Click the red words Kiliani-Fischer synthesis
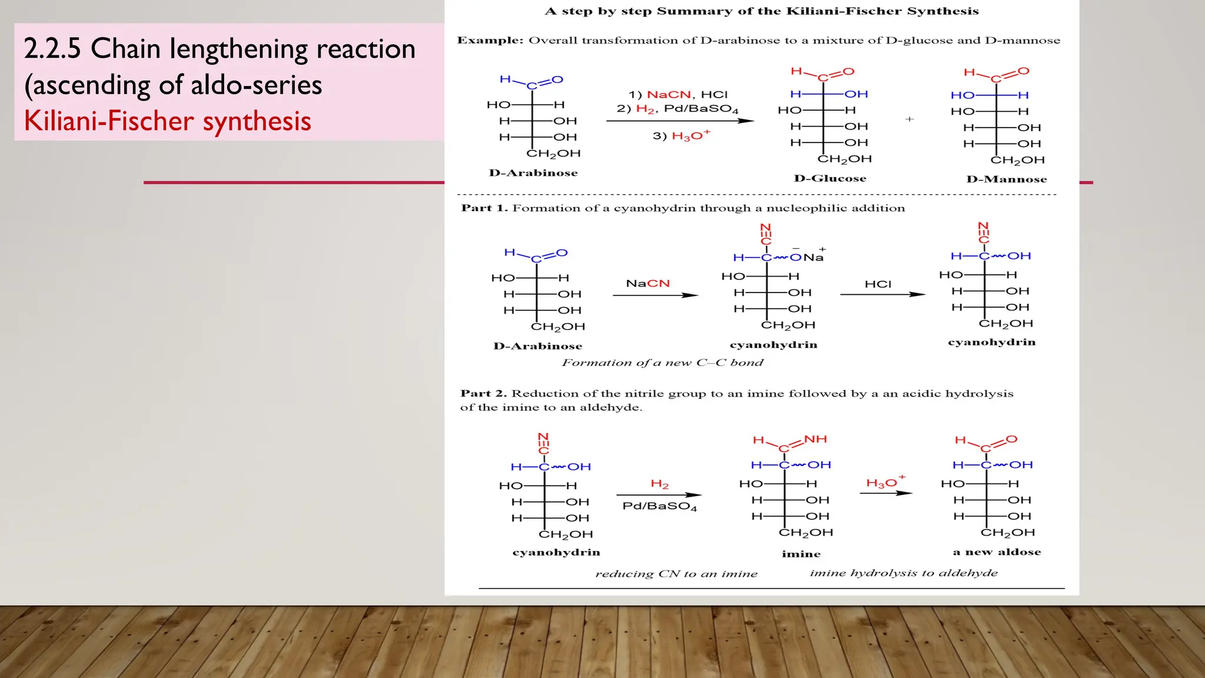(168, 121)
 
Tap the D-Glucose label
(830, 178)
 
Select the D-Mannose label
(1006, 179)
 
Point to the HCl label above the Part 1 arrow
(878, 284)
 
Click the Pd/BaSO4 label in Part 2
(660, 506)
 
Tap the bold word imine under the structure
(801, 554)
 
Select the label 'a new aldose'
(997, 552)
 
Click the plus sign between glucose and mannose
(910, 119)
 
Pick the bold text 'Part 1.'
(484, 208)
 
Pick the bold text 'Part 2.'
(483, 393)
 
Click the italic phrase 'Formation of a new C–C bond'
(663, 363)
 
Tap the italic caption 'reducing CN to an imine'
(676, 574)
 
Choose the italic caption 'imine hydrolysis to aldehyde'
(904, 573)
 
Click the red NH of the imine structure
(815, 439)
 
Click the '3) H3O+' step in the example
(681, 135)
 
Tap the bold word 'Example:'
(490, 40)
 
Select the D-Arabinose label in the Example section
(533, 172)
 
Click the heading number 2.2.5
(52, 48)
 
